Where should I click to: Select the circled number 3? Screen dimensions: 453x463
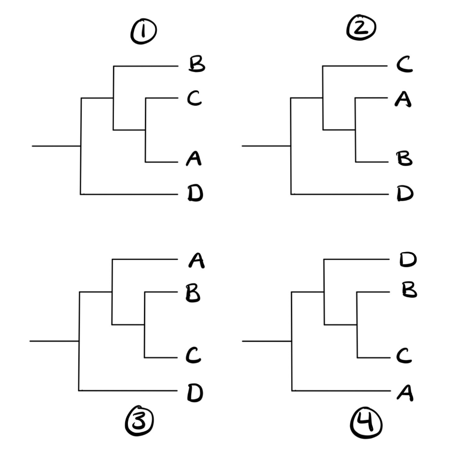pos(139,422)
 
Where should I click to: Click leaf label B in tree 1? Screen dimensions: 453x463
pos(196,65)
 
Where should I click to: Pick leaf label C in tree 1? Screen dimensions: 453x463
pos(194,98)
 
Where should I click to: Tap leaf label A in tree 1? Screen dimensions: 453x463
pos(194,159)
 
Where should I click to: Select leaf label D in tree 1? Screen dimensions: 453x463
pos(195,194)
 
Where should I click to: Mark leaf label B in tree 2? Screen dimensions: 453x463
pos(403,159)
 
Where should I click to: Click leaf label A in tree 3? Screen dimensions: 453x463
pos(196,260)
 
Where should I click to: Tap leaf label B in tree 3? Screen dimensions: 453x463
pos(193,294)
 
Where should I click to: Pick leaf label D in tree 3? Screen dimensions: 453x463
pos(195,393)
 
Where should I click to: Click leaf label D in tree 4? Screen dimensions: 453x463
pos(408,260)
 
